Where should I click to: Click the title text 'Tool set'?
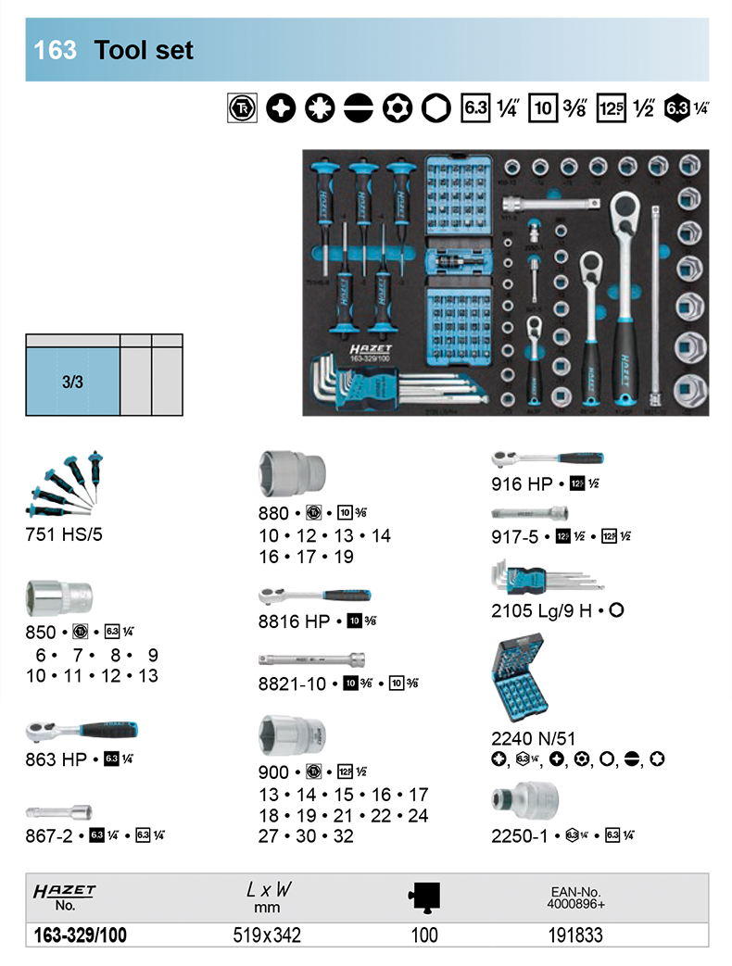[x=144, y=50]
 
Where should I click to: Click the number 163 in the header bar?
[x=55, y=50]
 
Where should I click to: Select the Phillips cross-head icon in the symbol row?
[x=281, y=108]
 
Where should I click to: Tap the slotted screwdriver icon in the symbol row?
[x=360, y=108]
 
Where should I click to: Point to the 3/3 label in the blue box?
[x=73, y=381]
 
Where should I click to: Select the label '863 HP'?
[x=57, y=760]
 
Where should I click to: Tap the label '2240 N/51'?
[x=534, y=738]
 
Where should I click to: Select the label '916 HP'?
[x=522, y=483]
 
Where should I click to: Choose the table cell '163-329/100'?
[x=80, y=935]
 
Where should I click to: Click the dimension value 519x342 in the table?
[x=267, y=935]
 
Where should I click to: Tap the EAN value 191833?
[x=574, y=935]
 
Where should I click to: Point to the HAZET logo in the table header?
[x=65, y=891]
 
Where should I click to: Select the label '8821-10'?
[x=293, y=684]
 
